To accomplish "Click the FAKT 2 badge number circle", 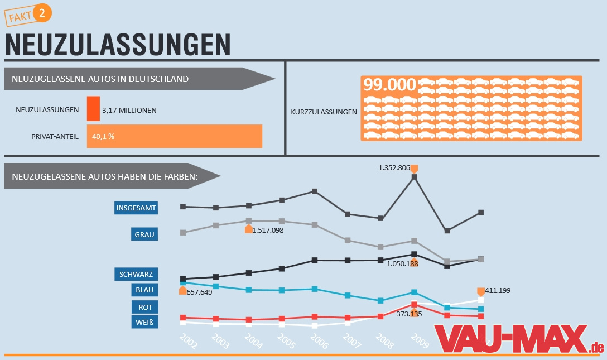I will tap(42, 14).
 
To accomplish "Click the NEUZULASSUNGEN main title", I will tap(118, 45).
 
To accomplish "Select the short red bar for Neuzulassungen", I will tap(93, 109).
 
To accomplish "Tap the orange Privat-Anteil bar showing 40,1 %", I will tap(174, 136).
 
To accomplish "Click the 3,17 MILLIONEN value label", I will tap(129, 110).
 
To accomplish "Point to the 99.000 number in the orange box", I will tap(390, 85).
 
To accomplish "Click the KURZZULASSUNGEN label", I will tap(324, 112).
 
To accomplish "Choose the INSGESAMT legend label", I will tap(136, 208).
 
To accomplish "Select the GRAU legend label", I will tap(144, 234).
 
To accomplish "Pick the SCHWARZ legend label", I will tap(136, 274).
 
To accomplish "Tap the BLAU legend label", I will tap(144, 290).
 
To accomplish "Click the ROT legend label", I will tap(145, 307).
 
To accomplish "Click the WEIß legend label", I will tap(144, 322).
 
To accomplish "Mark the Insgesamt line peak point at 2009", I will tap(414, 177).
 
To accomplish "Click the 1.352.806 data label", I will tap(394, 167).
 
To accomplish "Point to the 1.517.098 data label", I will tap(268, 230).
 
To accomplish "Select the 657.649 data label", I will tap(199, 292).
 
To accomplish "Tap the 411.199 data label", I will tap(498, 290).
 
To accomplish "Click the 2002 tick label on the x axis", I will tap(188, 341).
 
